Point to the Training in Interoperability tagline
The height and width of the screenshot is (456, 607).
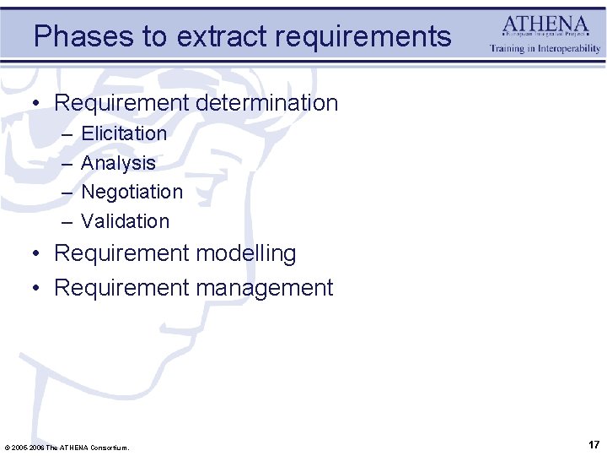545,49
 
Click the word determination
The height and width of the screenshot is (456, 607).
267,103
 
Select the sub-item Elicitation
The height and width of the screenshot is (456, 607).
124,133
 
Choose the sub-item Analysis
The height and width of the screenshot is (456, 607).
118,163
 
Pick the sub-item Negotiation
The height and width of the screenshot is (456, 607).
132,192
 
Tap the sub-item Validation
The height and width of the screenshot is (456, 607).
125,221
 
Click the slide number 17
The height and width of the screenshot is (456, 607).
594,444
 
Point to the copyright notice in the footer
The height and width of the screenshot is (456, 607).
67,447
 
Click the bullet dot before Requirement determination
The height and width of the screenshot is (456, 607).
36,104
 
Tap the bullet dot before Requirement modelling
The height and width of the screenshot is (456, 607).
36,254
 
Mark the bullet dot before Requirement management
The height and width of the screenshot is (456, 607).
36,289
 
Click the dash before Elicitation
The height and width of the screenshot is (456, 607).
67,134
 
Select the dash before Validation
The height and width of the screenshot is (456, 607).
67,222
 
